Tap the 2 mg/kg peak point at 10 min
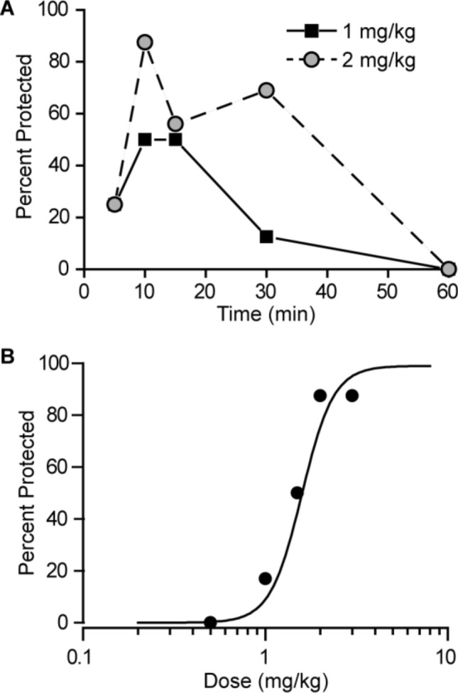pos(145,43)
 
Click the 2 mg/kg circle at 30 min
pos(266,91)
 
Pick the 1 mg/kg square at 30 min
pos(266,236)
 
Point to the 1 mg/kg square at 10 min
pos(145,140)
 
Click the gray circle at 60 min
pos(448,269)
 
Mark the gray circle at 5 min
pos(114,204)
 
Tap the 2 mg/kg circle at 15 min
pos(175,124)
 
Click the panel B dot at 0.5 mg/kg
pos(210,622)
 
